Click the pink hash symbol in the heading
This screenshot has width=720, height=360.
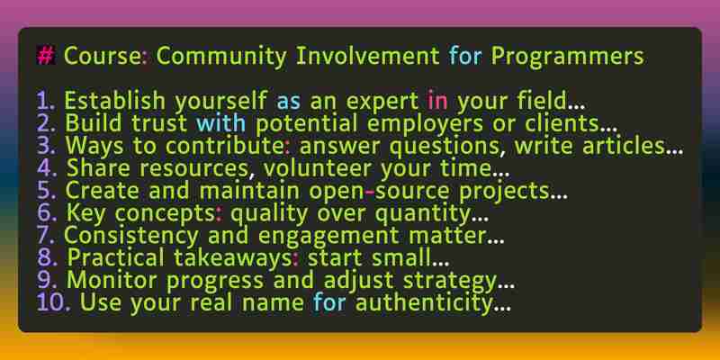pyautogui.click(x=46, y=57)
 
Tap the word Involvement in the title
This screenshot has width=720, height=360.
pyautogui.click(x=368, y=57)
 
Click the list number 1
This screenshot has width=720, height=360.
pyautogui.click(x=46, y=101)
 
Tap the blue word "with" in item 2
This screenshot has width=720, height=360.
pyautogui.click(x=220, y=123)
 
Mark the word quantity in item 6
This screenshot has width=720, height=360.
pyautogui.click(x=421, y=214)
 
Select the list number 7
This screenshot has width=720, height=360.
pyautogui.click(x=46, y=236)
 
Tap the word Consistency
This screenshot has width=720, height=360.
pyautogui.click(x=130, y=237)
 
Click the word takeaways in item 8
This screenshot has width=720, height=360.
pyautogui.click(x=232, y=259)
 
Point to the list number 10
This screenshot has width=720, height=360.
pyautogui.click(x=53, y=303)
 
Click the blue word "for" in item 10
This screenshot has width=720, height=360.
pyautogui.click(x=329, y=303)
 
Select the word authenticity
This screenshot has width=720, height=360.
pyautogui.click(x=424, y=304)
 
